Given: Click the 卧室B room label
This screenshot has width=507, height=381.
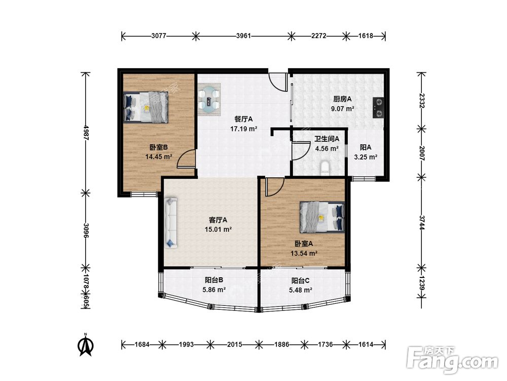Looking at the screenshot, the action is (x=158, y=147).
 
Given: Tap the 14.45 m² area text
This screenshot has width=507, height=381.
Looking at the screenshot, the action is (x=158, y=157).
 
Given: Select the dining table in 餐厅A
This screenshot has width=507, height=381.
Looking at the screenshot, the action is (x=209, y=100).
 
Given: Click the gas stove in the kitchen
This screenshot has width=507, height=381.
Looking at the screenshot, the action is (x=378, y=108).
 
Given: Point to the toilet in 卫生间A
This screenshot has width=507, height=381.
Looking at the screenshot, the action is (x=324, y=168).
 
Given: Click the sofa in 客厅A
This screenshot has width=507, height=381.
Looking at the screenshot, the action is (x=171, y=223).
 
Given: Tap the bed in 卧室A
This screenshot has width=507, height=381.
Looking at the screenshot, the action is (x=322, y=217).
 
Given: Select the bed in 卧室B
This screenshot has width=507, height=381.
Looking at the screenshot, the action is (x=146, y=107).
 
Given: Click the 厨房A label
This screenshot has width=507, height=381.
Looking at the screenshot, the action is (x=342, y=99).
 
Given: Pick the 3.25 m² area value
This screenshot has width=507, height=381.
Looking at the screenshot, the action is (x=366, y=157).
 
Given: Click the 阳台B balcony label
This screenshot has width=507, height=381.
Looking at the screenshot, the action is (x=214, y=280).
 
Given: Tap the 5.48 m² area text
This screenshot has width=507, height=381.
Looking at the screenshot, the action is (x=301, y=290).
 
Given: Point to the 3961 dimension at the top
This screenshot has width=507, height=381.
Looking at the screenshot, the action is (x=243, y=36).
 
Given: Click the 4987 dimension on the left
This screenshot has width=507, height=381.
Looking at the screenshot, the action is (x=86, y=133).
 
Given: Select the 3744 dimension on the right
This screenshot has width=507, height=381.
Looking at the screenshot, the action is (x=421, y=223).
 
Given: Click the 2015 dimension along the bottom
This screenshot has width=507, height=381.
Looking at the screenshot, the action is (x=234, y=345).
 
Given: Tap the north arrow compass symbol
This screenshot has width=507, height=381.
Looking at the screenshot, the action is (x=85, y=345).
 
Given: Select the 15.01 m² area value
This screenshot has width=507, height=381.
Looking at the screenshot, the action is (x=218, y=230).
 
